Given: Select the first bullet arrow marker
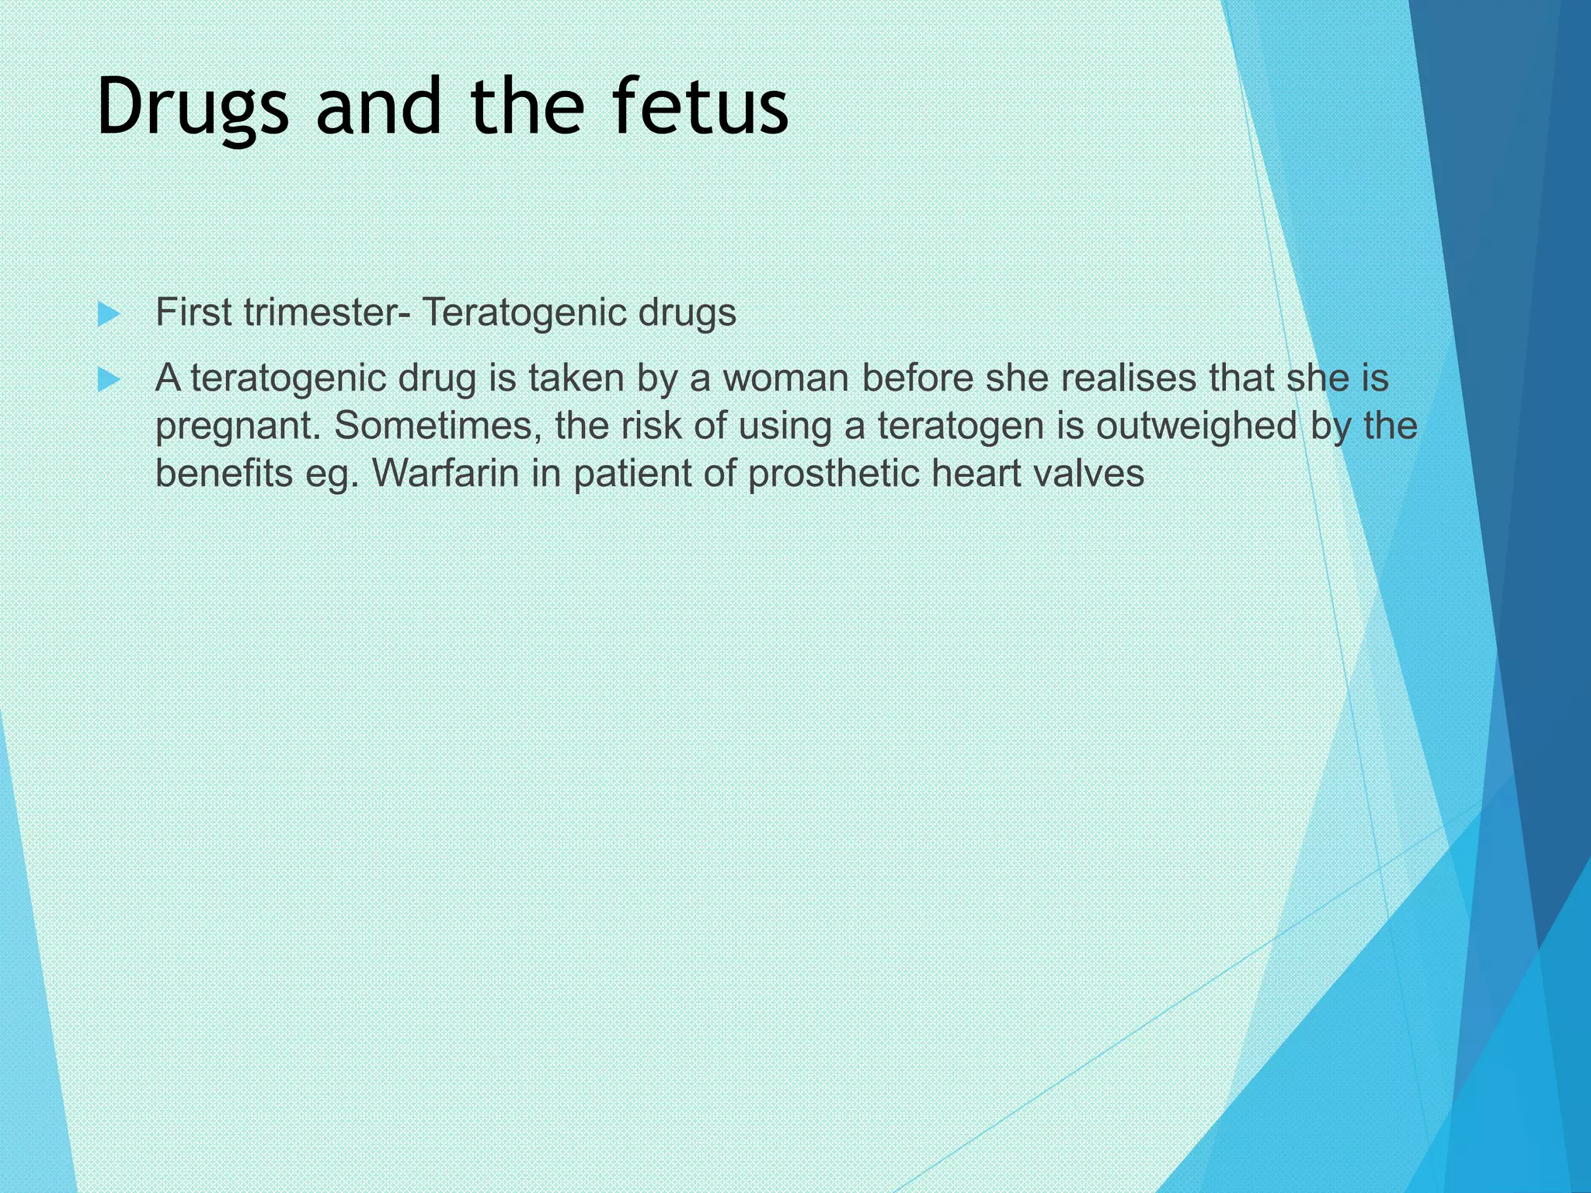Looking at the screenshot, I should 110,315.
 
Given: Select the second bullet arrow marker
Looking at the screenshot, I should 110,380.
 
